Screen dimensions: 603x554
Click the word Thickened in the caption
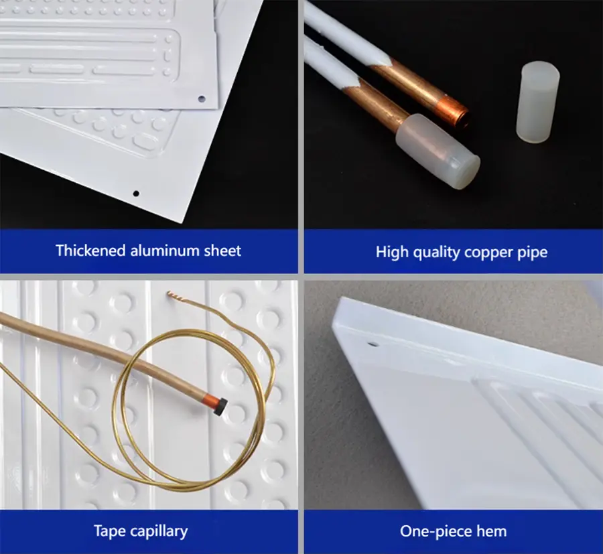(x=90, y=251)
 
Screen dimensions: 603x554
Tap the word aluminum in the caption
(x=165, y=251)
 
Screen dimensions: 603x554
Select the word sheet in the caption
(x=222, y=251)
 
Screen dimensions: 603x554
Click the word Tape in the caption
(x=109, y=531)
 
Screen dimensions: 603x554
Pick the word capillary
(x=159, y=532)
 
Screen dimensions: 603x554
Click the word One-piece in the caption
(x=435, y=532)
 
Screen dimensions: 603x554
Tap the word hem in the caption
(x=492, y=531)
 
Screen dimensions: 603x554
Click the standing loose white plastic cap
(x=538, y=102)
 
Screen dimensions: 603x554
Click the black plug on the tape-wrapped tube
(x=220, y=407)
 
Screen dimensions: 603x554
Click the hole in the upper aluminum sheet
(x=202, y=99)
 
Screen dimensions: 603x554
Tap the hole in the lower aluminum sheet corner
(x=136, y=194)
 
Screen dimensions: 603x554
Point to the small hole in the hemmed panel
(x=373, y=344)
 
